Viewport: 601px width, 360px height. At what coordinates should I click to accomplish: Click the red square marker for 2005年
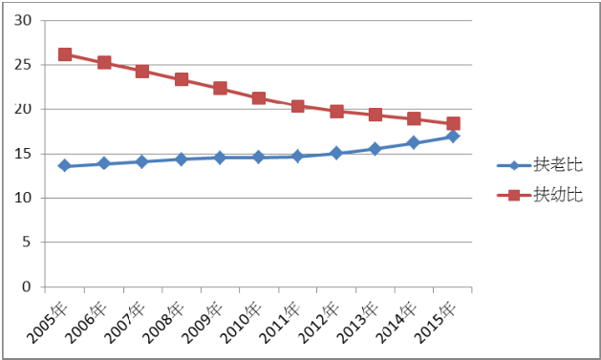[x=65, y=54]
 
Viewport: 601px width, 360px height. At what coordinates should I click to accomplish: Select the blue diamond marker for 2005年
[x=64, y=166]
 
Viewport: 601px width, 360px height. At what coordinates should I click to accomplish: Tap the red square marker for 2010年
[x=259, y=98]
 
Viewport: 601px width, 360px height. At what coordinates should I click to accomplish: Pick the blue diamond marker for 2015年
[x=453, y=136]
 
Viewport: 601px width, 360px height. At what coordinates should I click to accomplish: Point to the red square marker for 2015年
[x=453, y=123]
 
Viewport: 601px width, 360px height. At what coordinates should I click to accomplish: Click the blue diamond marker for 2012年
[x=336, y=153]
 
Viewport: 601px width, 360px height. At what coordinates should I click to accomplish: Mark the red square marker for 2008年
[x=182, y=79]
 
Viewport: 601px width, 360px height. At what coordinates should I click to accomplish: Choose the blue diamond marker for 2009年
[x=220, y=158]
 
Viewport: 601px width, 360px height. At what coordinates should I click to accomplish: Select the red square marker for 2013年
[x=376, y=115]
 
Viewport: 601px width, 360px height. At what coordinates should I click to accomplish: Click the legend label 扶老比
[x=558, y=165]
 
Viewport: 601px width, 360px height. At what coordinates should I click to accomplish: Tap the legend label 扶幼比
[x=558, y=195]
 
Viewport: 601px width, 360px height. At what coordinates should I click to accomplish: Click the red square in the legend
[x=514, y=195]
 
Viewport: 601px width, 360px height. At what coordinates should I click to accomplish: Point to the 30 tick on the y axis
[x=23, y=20]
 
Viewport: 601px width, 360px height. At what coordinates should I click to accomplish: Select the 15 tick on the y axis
[x=23, y=154]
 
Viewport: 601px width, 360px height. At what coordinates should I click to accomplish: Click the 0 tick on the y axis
[x=26, y=286]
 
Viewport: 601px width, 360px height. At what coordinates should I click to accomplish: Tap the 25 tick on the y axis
[x=23, y=65]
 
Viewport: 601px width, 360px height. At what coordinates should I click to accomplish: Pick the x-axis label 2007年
[x=125, y=323]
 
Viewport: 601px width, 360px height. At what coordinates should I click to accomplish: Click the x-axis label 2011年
[x=280, y=323]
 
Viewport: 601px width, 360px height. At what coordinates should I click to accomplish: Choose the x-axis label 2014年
[x=397, y=323]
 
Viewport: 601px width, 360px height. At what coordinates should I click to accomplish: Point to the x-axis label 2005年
[x=48, y=323]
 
